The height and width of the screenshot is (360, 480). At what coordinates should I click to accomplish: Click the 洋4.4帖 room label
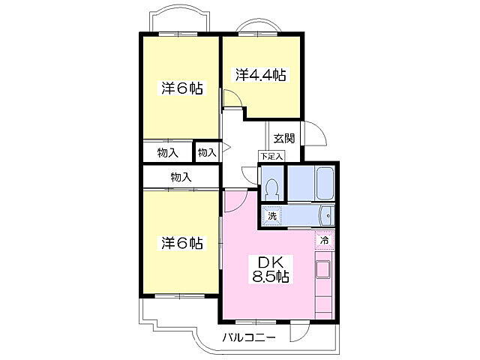pos(261,75)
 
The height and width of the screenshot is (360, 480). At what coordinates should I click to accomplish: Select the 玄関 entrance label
pos(284,138)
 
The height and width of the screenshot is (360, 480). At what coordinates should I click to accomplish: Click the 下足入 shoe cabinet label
pos(271,157)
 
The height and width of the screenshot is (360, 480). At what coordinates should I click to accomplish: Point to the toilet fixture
pos(272,189)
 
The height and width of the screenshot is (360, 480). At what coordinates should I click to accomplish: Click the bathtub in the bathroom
pos(325,183)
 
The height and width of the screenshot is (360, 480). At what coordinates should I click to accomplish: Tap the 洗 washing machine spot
pos(271,216)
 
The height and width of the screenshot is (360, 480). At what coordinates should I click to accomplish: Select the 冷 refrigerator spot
pos(324,240)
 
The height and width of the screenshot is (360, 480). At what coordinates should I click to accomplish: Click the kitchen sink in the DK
pos(323,268)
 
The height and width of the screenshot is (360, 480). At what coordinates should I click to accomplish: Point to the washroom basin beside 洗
pos(327,216)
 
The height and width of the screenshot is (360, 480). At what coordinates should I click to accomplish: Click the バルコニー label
pos(249,338)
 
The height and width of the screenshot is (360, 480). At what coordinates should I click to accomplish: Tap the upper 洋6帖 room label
pos(181,88)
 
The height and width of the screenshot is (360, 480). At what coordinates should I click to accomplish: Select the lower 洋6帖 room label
pos(181,243)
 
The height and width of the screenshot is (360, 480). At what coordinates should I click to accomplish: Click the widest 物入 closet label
pos(181,177)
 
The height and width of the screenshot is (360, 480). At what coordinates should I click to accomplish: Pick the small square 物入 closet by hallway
pos(207,152)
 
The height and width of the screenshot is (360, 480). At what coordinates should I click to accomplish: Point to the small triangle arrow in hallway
pos(226,148)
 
